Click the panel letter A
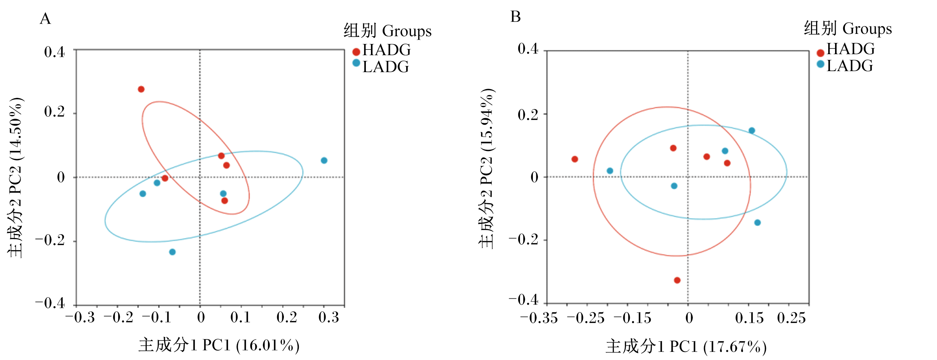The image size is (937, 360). pyautogui.click(x=45, y=19)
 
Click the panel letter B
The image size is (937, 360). pyautogui.click(x=516, y=17)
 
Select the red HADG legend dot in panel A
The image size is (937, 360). pyautogui.click(x=356, y=52)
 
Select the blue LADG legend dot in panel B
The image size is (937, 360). pyautogui.click(x=820, y=64)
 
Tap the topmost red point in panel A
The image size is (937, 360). pyautogui.click(x=141, y=89)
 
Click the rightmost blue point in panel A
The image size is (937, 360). pyautogui.click(x=324, y=161)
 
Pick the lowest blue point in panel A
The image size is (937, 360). pyautogui.click(x=172, y=252)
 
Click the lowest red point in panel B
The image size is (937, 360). pyautogui.click(x=677, y=280)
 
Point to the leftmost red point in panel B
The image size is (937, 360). pyautogui.click(x=575, y=159)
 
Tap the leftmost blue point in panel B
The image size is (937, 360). pyautogui.click(x=610, y=171)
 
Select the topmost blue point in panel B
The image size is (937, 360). pyautogui.click(x=752, y=130)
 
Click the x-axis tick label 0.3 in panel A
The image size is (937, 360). pyautogui.click(x=329, y=317)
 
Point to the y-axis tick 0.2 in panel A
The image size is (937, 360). pyautogui.click(x=55, y=112)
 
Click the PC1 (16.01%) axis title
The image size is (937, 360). pyautogui.click(x=218, y=345)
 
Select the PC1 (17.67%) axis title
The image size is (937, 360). pyautogui.click(x=686, y=346)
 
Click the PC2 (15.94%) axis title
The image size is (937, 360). pyautogui.click(x=486, y=169)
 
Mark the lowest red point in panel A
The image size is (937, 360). pyautogui.click(x=225, y=201)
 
